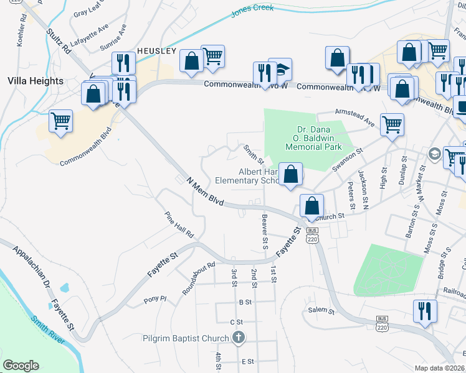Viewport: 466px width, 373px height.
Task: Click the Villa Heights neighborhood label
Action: point(36,81)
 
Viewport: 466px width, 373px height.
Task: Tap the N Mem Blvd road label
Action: point(205,190)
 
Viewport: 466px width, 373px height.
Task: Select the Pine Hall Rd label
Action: point(179,226)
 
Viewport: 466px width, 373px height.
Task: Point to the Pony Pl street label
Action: point(155,298)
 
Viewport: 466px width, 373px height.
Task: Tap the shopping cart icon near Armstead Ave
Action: point(392,124)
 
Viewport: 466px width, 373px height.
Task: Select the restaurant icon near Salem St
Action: point(425,310)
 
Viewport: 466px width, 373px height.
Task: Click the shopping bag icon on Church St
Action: point(311,205)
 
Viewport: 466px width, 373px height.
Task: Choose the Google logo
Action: point(21,365)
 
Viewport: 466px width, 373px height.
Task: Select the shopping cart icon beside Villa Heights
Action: point(60,121)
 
